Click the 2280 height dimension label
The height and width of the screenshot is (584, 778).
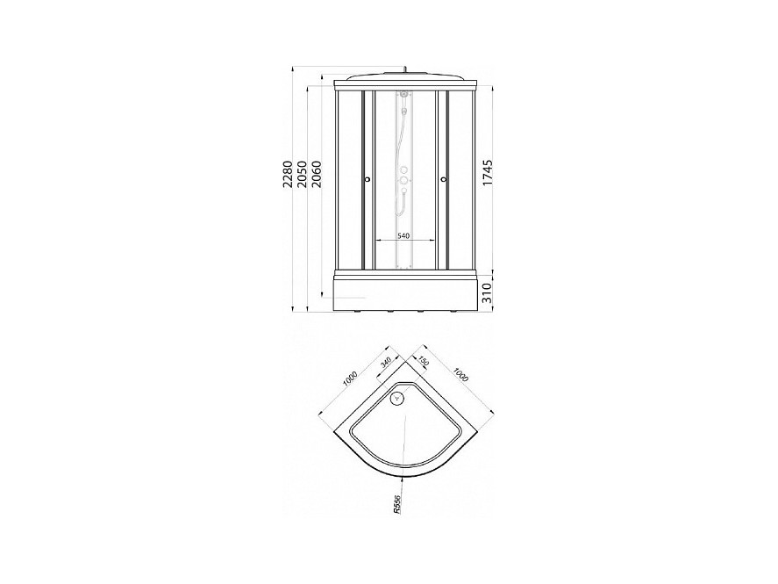coord(288,173)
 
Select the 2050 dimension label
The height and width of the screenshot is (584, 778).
coord(302,173)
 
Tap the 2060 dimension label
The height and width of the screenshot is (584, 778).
coord(316,173)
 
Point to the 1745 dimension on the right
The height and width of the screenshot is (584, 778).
coord(488,173)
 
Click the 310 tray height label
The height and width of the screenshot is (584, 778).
coord(488,293)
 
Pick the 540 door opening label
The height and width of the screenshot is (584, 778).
coord(403,236)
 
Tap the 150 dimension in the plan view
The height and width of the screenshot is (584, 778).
coord(424,361)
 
